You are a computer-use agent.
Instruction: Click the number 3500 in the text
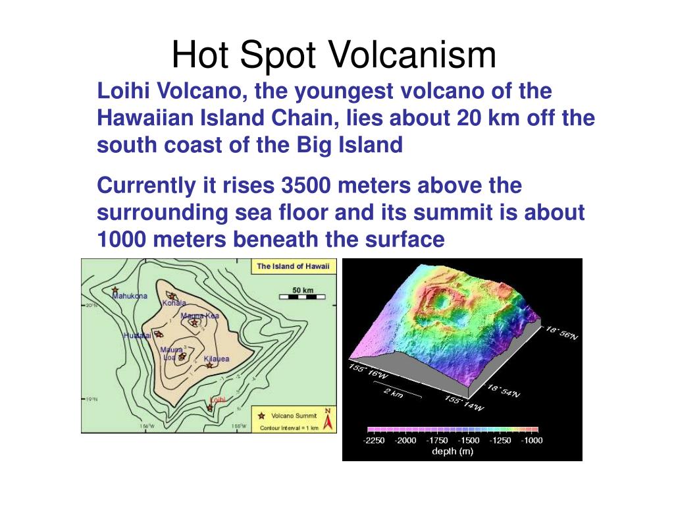coord(307,186)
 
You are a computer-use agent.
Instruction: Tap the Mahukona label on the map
coord(130,296)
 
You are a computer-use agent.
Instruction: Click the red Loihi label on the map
coord(217,399)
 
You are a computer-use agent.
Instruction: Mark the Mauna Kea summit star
coord(194,322)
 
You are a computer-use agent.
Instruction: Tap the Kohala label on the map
coord(174,303)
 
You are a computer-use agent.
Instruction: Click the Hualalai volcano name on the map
coord(137,335)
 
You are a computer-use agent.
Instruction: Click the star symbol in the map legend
coord(261,416)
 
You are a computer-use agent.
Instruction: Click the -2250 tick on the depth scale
coord(374,440)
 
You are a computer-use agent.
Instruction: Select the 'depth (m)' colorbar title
coord(452,451)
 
